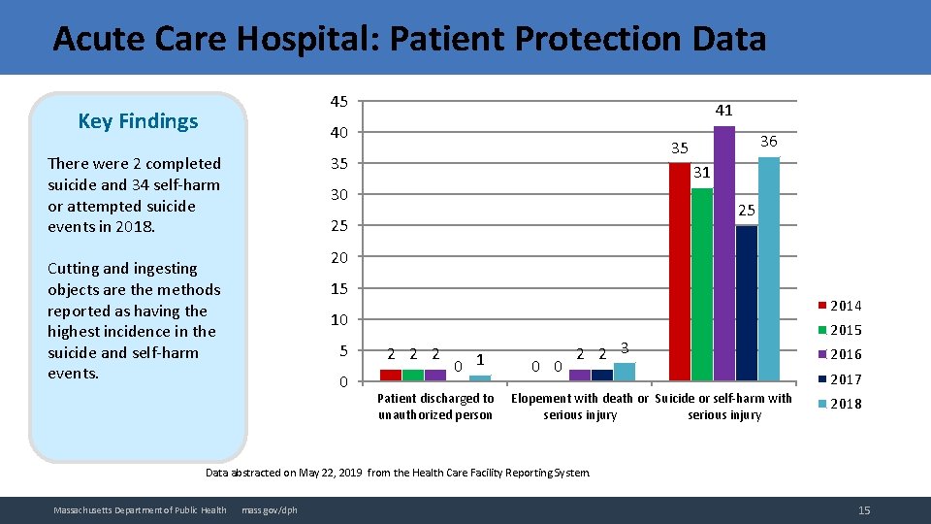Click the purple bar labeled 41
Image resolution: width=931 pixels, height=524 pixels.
pyautogui.click(x=724, y=253)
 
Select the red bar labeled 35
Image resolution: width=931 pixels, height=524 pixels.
pyautogui.click(x=680, y=272)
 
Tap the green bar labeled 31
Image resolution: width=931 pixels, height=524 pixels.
pyautogui.click(x=702, y=283)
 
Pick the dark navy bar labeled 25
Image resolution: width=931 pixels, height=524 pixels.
pyautogui.click(x=747, y=303)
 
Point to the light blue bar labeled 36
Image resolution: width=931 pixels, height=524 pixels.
pyautogui.click(x=769, y=269)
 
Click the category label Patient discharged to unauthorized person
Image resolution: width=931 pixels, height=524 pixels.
pyautogui.click(x=435, y=407)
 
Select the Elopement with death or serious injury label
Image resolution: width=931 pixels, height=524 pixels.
pyautogui.click(x=580, y=407)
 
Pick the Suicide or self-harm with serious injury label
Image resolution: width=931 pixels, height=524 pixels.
pyautogui.click(x=724, y=407)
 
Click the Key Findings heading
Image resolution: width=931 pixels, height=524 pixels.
pyautogui.click(x=138, y=121)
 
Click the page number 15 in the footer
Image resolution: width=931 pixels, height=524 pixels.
pyautogui.click(x=863, y=510)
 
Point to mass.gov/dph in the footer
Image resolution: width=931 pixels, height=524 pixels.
pyautogui.click(x=270, y=510)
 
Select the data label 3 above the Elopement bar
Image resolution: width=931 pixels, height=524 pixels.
pyautogui.click(x=625, y=347)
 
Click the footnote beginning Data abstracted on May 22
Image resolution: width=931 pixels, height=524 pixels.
pyautogui.click(x=398, y=473)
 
